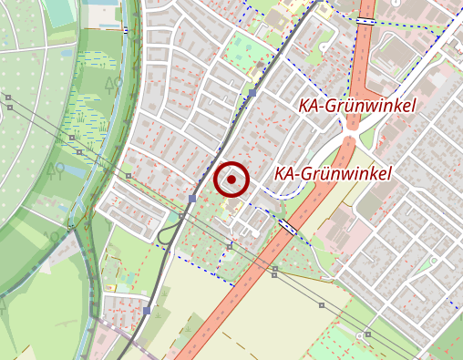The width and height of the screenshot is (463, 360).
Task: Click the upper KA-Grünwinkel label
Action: pos(356,106)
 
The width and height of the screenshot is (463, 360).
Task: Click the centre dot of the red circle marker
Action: pos(231,180)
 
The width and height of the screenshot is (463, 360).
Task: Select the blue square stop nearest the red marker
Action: pos(192,199)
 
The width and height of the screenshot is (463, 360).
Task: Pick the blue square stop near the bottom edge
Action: pos(147,311)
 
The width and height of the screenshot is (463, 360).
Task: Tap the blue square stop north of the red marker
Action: pos(252,93)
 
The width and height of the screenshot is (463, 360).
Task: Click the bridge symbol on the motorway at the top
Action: pos(365,19)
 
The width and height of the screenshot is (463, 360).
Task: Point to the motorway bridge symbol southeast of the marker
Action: pos(287,225)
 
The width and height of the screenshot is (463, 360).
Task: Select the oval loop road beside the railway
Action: pos(166,234)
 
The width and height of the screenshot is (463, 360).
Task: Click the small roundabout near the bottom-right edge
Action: pos(369,335)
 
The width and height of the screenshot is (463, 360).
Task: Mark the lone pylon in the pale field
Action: pos(322,304)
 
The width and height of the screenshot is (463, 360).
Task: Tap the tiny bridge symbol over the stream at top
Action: pos(125,29)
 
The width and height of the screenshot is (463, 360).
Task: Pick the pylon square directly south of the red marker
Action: pos(230,245)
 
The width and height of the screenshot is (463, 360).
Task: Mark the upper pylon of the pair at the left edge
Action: pos(8,97)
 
